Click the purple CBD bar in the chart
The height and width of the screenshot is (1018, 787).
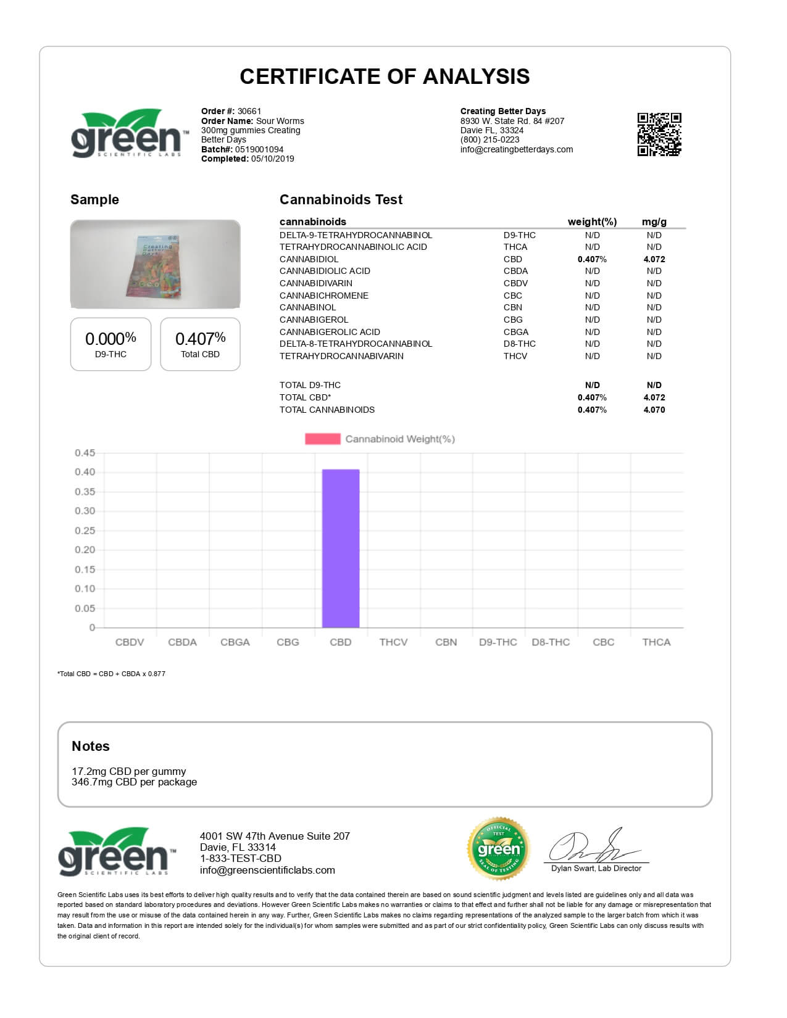coord(341,548)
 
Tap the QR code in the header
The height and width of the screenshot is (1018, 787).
coord(659,134)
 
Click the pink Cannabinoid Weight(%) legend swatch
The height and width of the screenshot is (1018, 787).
coord(322,439)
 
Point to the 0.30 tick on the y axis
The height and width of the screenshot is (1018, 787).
coord(85,511)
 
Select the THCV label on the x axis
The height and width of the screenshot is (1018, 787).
coord(393,642)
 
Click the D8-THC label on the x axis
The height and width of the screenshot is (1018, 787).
coord(551,642)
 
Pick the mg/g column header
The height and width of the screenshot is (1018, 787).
coord(654,221)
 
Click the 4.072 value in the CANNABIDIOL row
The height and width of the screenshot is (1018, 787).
coord(654,259)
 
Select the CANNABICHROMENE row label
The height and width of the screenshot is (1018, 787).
coord(323,296)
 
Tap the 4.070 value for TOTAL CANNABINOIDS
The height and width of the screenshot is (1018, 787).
coord(654,410)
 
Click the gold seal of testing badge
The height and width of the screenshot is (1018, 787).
coord(499,849)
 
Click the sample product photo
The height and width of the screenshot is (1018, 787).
coord(155,264)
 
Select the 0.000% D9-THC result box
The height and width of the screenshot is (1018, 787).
coord(110,344)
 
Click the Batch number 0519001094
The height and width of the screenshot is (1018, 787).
coord(259,149)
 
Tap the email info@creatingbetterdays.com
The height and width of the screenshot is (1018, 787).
coord(516,149)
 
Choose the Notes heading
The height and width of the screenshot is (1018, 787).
coord(91,746)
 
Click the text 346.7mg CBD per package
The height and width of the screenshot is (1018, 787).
coord(135,782)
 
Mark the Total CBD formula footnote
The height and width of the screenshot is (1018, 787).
coord(111,674)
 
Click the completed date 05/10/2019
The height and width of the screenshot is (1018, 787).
coord(272,159)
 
